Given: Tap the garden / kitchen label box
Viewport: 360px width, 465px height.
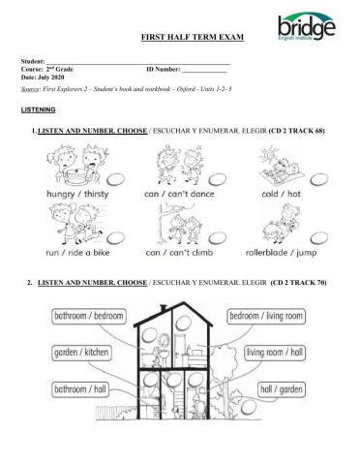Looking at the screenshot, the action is (78, 349).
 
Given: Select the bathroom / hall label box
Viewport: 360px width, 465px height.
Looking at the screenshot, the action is (79, 388).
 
